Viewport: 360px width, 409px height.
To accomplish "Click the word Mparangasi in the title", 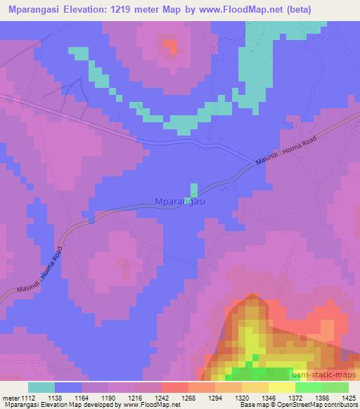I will click(x=34, y=10).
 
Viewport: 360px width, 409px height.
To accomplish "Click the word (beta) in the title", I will click(x=302, y=10).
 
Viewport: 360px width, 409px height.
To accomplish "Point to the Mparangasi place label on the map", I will click(x=179, y=202).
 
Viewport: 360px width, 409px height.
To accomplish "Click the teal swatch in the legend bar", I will click(x=41, y=387).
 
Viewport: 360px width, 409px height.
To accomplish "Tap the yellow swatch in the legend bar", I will click(x=281, y=387).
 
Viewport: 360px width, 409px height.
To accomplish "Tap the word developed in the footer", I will click(x=96, y=405).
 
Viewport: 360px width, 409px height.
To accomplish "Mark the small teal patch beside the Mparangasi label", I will click(x=193, y=190).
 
